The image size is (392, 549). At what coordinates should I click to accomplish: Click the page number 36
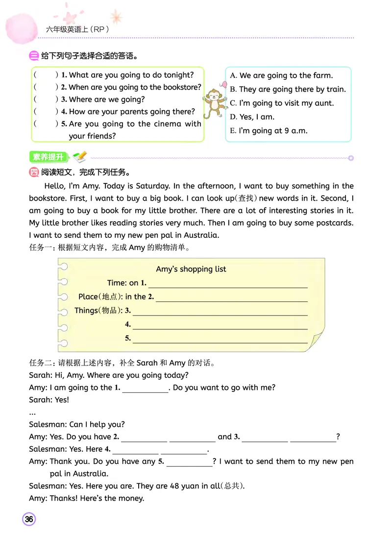coord(29,519)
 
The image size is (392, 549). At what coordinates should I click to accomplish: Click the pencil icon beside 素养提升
coord(79,157)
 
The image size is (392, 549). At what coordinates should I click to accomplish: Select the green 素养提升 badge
coord(48,157)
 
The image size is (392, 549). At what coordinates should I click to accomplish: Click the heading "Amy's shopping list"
coord(191,269)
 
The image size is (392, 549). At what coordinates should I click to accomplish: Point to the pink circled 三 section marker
coord(34,56)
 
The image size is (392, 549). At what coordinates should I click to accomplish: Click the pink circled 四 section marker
coord(34,172)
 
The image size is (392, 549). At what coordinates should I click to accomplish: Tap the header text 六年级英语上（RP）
coord(77,29)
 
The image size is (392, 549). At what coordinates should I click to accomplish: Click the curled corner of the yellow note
coord(317,340)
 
